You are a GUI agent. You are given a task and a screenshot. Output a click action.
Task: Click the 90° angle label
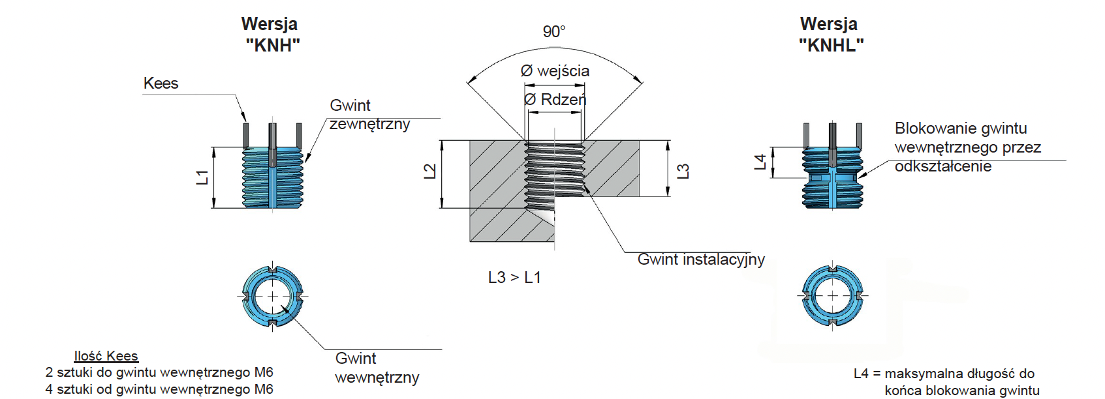tap(553, 31)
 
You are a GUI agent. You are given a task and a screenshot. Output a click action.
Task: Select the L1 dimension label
tap(203, 177)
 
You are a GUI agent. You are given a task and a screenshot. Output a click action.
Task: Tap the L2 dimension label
tap(430, 171)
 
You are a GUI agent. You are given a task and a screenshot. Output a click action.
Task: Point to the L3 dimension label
tap(683, 171)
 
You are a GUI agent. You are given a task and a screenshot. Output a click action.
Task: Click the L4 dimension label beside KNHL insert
tap(760, 162)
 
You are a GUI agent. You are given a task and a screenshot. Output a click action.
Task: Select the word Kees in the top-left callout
tap(161, 83)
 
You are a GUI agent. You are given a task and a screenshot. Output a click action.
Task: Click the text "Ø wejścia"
tap(555, 71)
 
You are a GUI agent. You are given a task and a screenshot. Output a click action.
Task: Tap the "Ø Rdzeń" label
tap(555, 100)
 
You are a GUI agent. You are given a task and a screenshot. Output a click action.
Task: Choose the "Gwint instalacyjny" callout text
tap(701, 259)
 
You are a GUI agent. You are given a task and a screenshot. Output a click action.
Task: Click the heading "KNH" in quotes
tap(273, 46)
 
